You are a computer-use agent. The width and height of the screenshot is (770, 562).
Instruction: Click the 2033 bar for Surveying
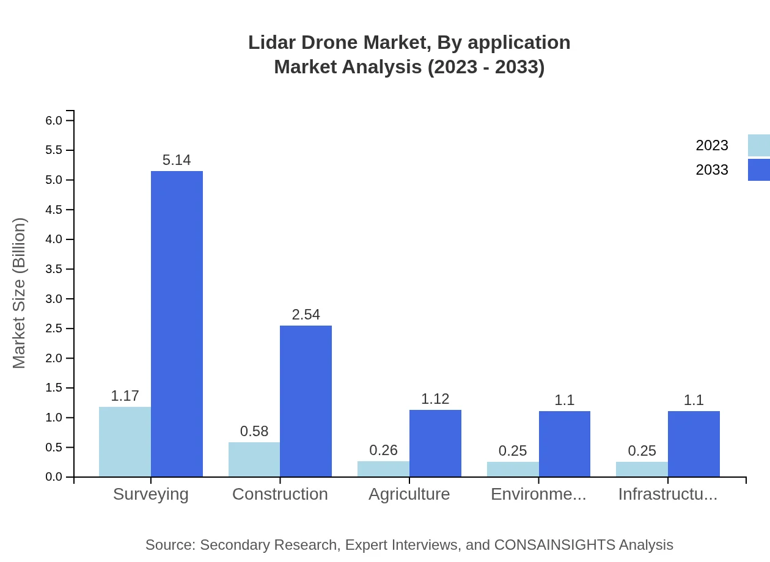point(177,324)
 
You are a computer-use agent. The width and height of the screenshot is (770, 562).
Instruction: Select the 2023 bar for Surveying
point(125,442)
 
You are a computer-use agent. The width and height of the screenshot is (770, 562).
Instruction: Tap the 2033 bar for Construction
point(306,401)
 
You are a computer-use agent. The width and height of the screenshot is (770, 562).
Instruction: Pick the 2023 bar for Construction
point(254,459)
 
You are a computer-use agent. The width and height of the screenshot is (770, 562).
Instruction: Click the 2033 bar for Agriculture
point(435,443)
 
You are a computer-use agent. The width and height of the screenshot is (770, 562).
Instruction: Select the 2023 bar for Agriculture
point(383,469)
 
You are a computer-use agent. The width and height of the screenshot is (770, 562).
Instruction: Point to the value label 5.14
point(177,160)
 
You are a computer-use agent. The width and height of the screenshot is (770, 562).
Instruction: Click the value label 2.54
point(306,315)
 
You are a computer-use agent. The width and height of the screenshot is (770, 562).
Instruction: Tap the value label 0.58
point(254,431)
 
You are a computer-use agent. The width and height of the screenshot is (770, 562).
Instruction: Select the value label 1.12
point(435,399)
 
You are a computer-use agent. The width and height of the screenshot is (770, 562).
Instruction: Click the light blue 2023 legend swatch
point(758,145)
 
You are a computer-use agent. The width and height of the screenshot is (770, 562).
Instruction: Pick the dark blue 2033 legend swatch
point(758,170)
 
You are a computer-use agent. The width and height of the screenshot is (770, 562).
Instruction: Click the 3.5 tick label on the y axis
point(54,269)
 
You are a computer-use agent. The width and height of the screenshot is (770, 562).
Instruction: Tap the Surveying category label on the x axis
point(151,494)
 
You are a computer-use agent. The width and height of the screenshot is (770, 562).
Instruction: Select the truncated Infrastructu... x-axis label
point(668,494)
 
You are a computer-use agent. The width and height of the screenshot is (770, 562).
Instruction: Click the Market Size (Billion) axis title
point(20,293)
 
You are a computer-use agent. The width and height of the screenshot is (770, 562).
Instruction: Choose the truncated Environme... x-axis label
point(538,494)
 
